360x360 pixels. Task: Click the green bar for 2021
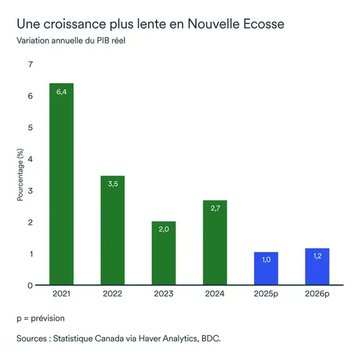pyautogui.click(x=61, y=184)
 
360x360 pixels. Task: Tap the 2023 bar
pyautogui.click(x=163, y=254)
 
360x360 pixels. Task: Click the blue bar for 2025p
pyautogui.click(x=265, y=269)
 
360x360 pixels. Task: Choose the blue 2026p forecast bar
pyautogui.click(x=317, y=267)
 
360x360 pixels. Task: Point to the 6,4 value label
pyautogui.click(x=61, y=93)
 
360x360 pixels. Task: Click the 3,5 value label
pyautogui.click(x=113, y=184)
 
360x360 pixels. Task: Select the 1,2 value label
pyautogui.click(x=317, y=257)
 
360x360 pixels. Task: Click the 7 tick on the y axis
pyautogui.click(x=30, y=64)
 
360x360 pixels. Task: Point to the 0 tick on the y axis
pyautogui.click(x=30, y=285)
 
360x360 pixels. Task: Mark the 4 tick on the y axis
pyautogui.click(x=30, y=159)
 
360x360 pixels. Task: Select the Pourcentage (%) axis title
pyautogui.click(x=19, y=175)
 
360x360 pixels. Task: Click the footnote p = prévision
pyautogui.click(x=41, y=318)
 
